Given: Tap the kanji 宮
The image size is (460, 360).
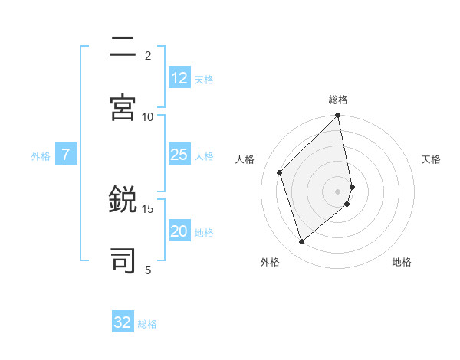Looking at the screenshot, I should (123, 106).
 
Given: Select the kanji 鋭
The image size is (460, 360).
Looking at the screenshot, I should (123, 201).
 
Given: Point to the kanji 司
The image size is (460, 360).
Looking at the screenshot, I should (123, 260).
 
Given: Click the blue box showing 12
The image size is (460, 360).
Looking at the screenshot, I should (179, 78).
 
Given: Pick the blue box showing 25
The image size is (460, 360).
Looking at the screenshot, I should (179, 155).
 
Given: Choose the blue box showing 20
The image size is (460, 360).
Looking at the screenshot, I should (179, 231).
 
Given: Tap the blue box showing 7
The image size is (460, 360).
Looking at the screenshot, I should (66, 155).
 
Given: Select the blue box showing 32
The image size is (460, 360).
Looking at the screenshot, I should (123, 322).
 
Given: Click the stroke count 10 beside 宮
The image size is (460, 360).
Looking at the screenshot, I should (148, 116).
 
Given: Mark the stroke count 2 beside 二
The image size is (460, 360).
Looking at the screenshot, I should (148, 55).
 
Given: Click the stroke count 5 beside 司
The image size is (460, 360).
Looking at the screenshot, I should (148, 270).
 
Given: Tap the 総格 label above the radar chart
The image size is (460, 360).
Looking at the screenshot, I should (338, 100).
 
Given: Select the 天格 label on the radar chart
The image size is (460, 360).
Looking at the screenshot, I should (432, 159).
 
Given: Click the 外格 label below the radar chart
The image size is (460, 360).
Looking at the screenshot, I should (270, 262).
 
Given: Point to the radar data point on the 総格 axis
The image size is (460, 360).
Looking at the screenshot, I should (338, 116).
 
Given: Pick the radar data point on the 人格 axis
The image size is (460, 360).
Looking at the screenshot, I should (280, 172).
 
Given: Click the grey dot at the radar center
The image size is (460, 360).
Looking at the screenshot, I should (338, 191).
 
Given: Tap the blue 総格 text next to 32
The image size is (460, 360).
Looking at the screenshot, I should (147, 324).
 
